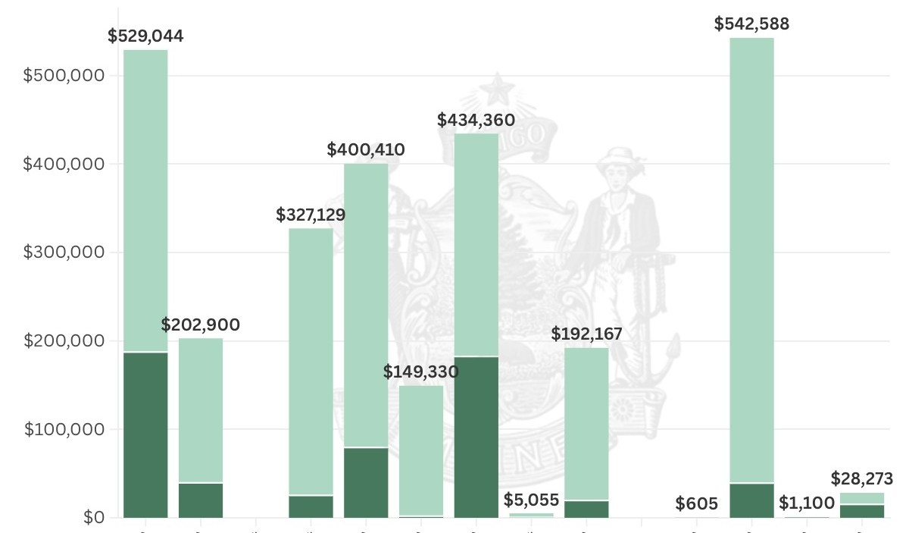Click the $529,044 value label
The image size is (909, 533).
tap(145, 36)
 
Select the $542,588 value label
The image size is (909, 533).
tap(751, 24)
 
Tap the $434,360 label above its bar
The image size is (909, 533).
tap(476, 120)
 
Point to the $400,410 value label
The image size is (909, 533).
tap(366, 150)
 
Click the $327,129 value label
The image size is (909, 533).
tap(311, 215)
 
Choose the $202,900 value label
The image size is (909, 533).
tap(201, 325)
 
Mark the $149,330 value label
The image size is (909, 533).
tap(421, 372)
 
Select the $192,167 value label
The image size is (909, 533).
tap(586, 334)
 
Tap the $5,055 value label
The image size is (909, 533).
tap(532, 500)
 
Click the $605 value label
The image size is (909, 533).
tap(697, 503)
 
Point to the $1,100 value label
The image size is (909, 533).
tap(807, 503)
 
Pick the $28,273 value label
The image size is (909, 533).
tap(862, 479)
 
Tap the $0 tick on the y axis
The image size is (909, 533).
tap(93, 518)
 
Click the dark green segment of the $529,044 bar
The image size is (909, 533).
tap(145, 435)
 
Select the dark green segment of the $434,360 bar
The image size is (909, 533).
tap(476, 437)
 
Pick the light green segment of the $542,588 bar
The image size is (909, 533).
tap(751, 258)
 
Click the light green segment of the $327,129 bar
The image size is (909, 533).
tap(311, 360)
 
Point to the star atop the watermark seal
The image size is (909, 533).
tap(498, 89)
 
